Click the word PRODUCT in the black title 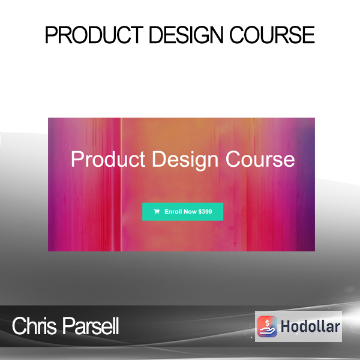pos(94,35)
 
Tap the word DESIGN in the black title pos(186,35)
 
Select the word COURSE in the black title pos(272,35)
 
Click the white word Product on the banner pos(108,159)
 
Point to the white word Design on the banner pos(185,160)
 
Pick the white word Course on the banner pos(260,159)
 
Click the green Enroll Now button pos(183,212)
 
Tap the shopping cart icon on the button pos(157,212)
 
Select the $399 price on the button pos(205,211)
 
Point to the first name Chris pos(34,326)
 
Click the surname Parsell pos(91,326)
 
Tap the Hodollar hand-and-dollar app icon pos(267,326)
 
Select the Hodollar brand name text pos(310,326)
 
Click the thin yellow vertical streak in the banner pos(121,184)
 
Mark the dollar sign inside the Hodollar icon pos(267,323)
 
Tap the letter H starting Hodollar pos(285,326)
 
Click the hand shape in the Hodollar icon pos(267,331)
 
